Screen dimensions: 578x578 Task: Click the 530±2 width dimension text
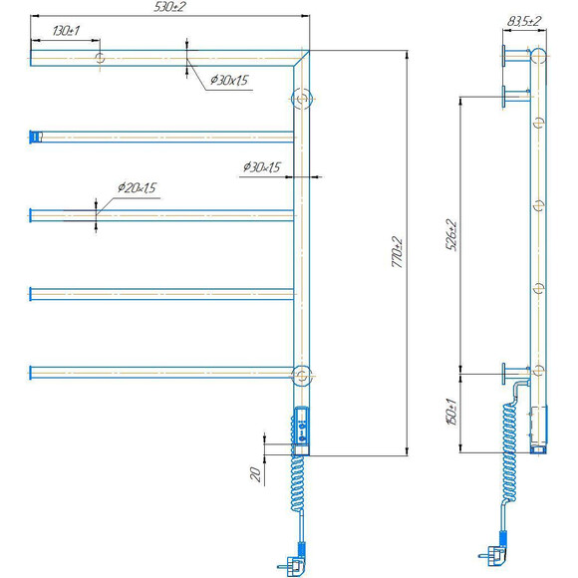coord(168,7)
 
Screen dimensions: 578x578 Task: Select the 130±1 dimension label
coord(67,31)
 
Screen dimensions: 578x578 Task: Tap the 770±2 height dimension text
coord(398,252)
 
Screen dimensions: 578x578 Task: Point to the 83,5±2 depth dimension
coord(524,21)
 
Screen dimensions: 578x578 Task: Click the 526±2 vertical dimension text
coord(451,235)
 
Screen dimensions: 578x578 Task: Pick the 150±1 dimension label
coord(451,412)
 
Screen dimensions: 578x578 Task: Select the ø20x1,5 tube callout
coord(138,187)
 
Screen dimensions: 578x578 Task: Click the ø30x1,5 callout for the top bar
coord(229,80)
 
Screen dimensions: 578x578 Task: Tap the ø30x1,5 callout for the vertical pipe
coord(262,167)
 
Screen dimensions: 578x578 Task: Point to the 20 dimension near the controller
coord(255,474)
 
